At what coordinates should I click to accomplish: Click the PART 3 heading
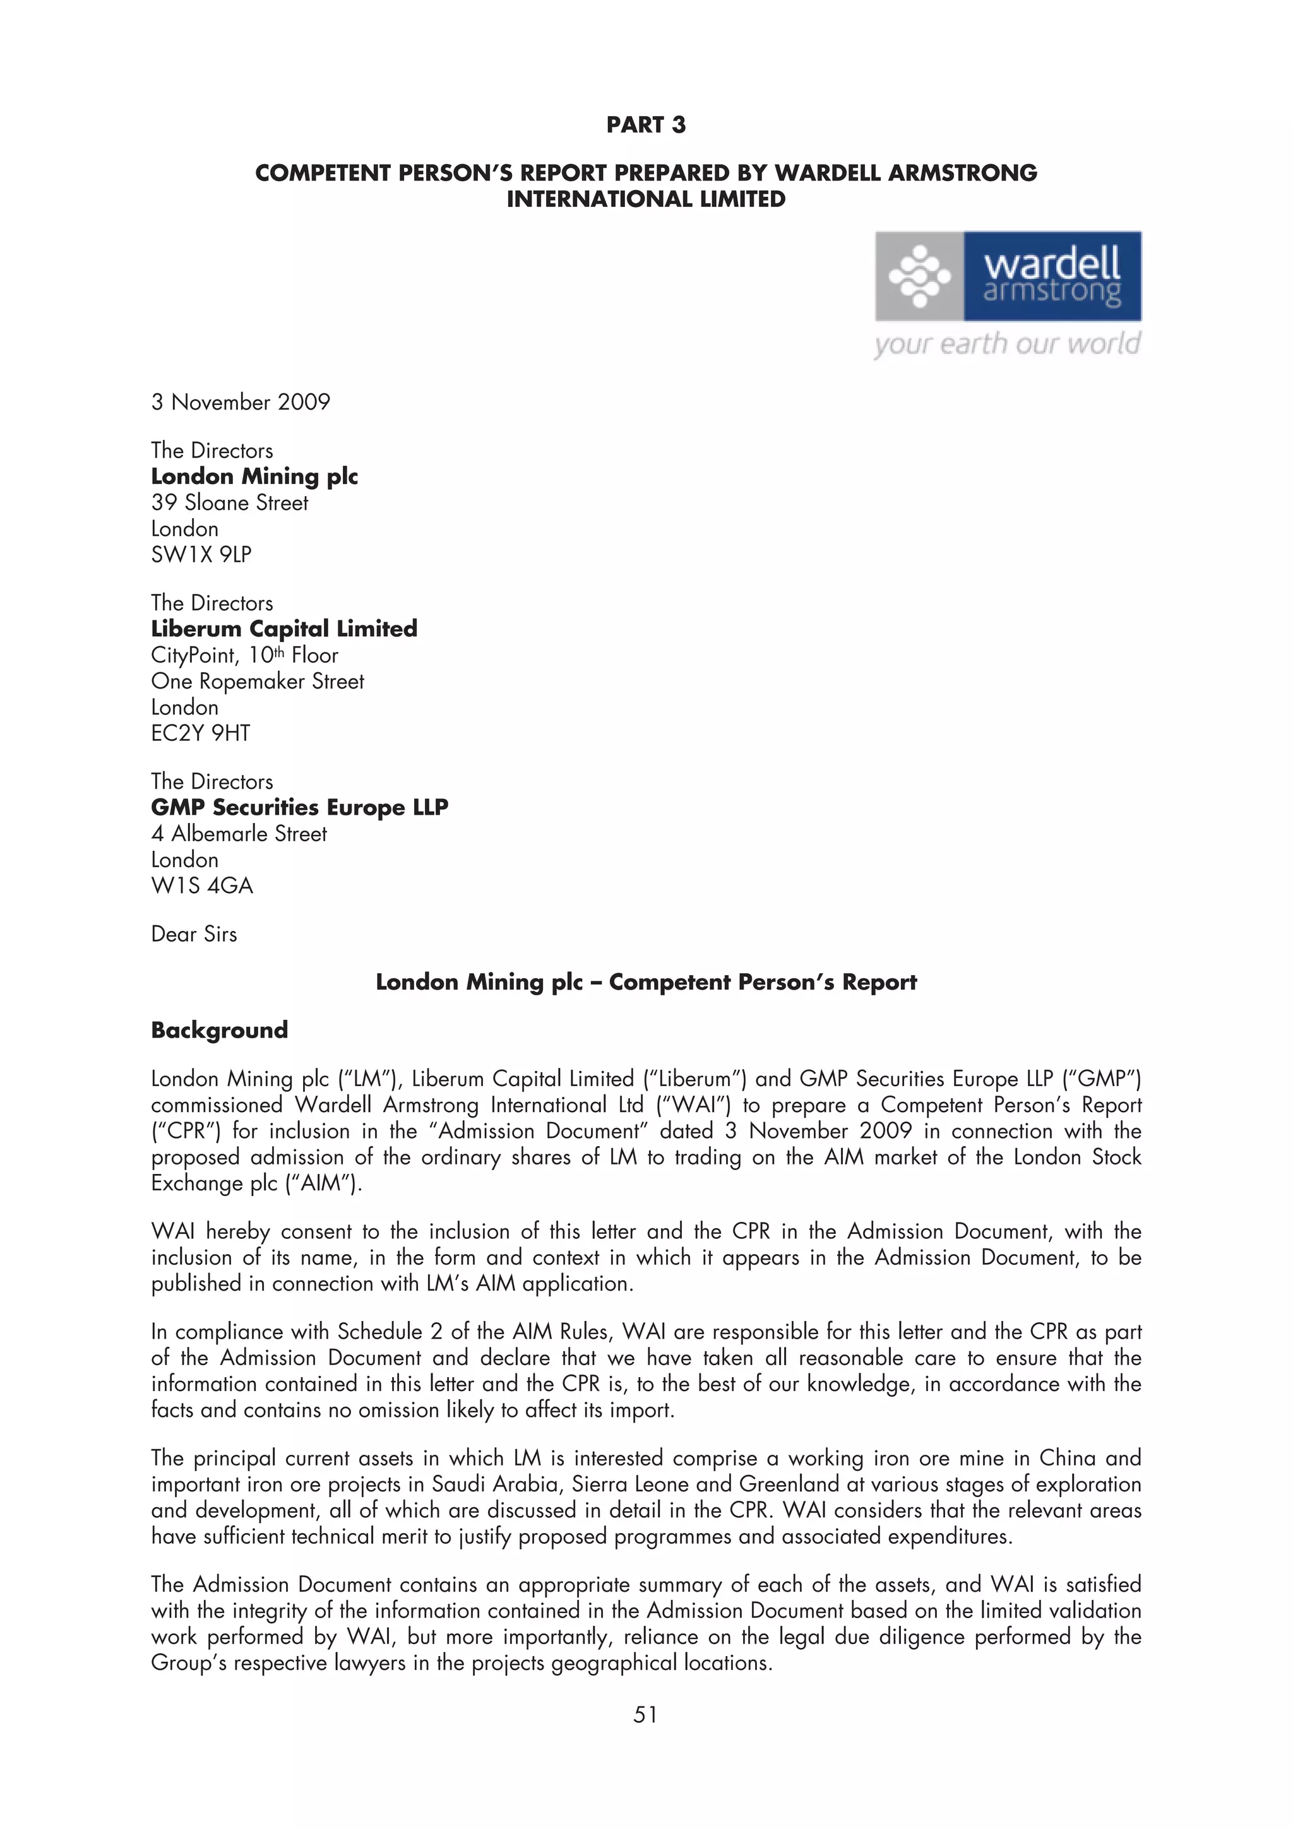645,125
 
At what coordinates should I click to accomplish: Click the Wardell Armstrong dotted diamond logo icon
919,276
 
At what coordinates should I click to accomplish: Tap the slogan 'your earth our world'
1006,344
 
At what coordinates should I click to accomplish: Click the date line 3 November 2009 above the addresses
241,402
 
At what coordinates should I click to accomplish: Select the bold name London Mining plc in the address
254,476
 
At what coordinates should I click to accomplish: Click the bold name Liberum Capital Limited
283,629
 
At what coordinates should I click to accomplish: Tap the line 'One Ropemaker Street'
258,682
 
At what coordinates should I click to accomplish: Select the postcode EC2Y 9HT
201,733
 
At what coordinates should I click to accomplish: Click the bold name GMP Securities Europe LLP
299,808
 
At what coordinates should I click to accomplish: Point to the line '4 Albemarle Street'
239,834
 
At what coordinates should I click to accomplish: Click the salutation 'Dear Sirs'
194,935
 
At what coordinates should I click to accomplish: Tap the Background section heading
219,1030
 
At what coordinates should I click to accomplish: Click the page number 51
645,1715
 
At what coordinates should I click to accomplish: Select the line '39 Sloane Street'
229,502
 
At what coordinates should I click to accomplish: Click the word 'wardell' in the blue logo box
1052,264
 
